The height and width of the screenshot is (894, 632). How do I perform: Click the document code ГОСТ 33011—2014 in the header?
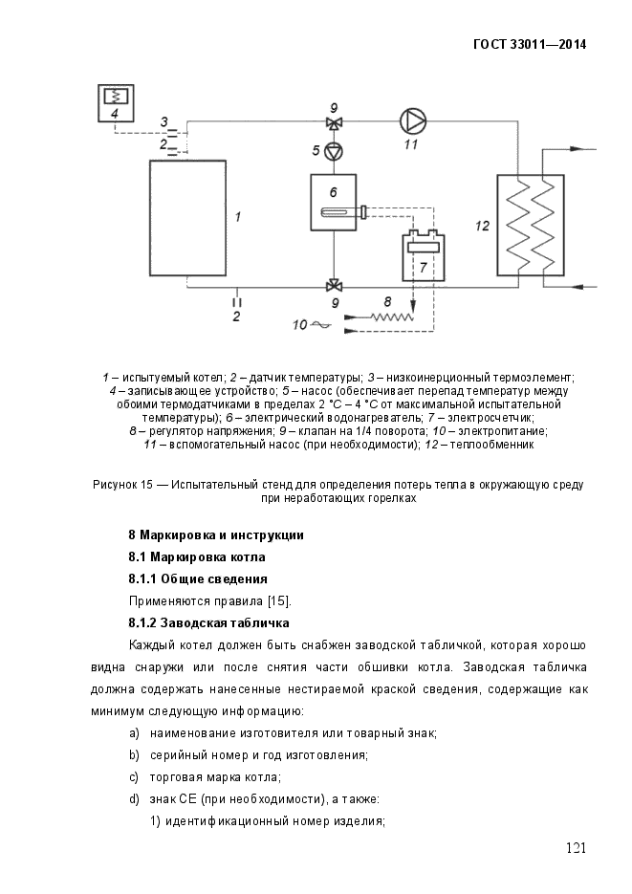(530, 44)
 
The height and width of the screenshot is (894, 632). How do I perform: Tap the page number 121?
(576, 847)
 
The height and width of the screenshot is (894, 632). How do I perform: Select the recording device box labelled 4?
(116, 102)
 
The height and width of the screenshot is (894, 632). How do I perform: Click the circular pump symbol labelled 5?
(333, 150)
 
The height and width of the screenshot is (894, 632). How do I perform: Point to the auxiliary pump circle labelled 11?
(411, 120)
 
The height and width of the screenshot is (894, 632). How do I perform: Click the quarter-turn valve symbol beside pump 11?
(333, 121)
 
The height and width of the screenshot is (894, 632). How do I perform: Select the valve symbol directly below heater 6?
(333, 285)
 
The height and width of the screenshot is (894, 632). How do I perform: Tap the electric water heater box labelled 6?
(333, 202)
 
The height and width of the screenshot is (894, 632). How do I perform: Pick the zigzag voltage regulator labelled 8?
(386, 315)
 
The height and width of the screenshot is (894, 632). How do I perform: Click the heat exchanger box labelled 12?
(529, 224)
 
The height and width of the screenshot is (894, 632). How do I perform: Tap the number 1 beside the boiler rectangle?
(237, 217)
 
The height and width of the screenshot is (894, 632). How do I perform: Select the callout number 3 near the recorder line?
(163, 121)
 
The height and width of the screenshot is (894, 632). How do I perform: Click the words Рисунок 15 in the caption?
(123, 485)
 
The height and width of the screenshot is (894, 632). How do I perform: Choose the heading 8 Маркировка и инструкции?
(216, 534)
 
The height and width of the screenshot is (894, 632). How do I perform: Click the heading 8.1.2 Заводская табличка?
(208, 623)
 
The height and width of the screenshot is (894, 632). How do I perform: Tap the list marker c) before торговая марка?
(134, 776)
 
